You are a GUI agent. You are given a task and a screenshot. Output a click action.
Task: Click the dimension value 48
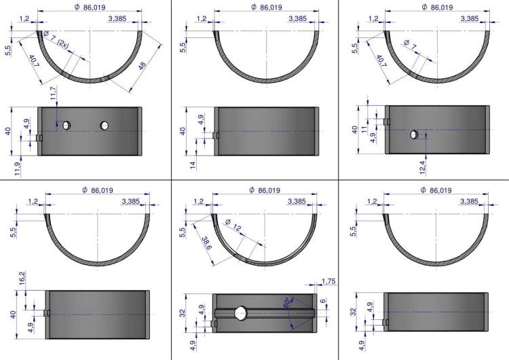(143, 65)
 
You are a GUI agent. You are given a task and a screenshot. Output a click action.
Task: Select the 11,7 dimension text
(54, 93)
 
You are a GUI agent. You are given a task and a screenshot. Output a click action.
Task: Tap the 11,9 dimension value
(18, 169)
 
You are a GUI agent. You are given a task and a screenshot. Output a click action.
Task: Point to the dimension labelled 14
(193, 165)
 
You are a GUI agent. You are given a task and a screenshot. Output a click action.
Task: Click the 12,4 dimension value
(423, 167)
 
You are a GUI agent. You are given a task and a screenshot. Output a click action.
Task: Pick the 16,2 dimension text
(22, 278)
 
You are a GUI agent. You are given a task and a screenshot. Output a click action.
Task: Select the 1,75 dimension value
(328, 281)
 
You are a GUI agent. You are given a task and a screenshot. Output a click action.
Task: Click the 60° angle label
(287, 302)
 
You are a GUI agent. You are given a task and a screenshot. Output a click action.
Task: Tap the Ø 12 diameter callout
(233, 225)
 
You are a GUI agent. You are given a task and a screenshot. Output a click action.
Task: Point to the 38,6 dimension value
(207, 242)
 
